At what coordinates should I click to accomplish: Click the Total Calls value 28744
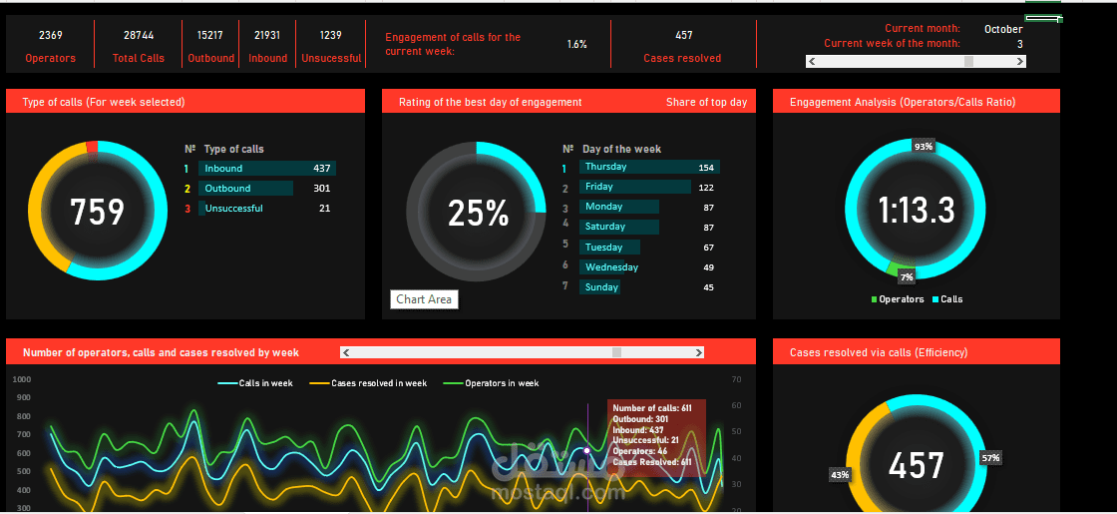point(139,35)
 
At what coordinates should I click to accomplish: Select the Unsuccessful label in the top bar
point(331,58)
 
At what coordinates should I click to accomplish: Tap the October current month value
point(1002,29)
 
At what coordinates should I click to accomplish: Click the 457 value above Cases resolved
point(683,35)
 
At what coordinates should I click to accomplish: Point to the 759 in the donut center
point(97,212)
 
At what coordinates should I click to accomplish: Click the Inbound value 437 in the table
point(321,169)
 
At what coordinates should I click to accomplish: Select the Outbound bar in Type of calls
point(245,189)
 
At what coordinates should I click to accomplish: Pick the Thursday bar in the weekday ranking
point(648,168)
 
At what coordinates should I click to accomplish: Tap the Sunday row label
point(601,287)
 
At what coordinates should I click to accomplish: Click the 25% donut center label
point(478,213)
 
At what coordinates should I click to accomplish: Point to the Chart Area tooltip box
point(424,299)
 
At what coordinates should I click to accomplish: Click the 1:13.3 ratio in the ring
point(916,211)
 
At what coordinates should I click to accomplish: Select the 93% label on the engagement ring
point(924,147)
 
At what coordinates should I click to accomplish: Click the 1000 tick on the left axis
point(22,379)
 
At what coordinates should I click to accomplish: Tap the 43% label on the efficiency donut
point(840,474)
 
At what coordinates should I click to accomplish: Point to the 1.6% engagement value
point(576,45)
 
